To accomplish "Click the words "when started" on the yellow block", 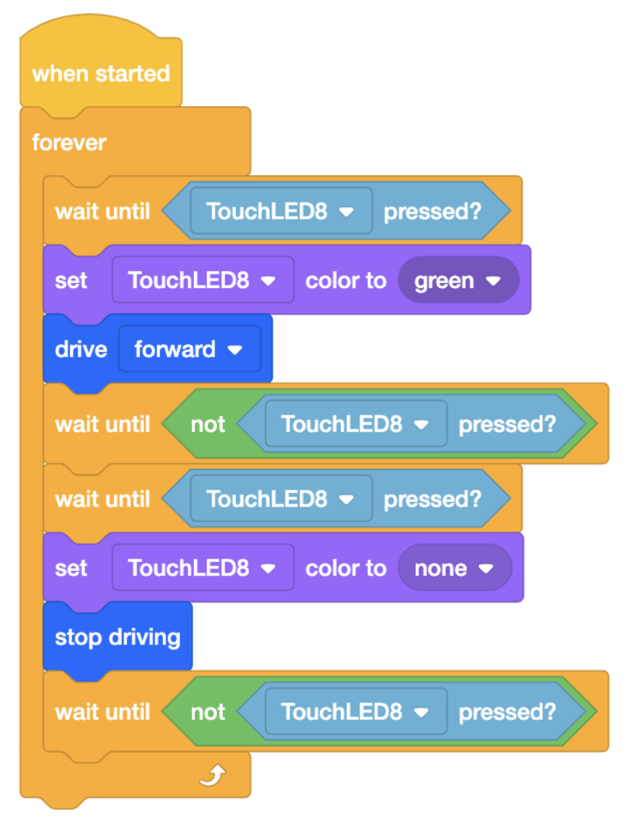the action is click(101, 74).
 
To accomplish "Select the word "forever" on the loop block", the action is click(69, 143).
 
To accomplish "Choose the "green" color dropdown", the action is click(458, 280).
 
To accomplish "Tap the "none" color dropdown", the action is click(455, 568).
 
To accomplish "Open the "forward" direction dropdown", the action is click(189, 349).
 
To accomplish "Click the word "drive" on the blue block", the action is click(81, 349).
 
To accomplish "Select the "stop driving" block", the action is click(117, 637).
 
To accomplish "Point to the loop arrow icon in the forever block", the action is click(213, 775).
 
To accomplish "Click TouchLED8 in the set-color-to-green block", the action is click(203, 280).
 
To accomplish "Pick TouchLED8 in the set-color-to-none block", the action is click(203, 568).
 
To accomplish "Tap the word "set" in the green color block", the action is click(71, 280).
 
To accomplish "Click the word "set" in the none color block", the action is click(71, 568).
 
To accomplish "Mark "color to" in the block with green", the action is click(346, 280).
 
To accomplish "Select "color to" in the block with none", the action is click(346, 568).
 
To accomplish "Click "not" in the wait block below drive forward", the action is click(208, 424).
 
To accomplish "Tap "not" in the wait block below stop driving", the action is click(208, 712).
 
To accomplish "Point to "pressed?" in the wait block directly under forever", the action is click(433, 211).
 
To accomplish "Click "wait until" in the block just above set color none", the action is click(103, 499).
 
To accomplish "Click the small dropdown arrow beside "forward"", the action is click(235, 350).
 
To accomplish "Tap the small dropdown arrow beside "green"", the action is click(493, 281).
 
